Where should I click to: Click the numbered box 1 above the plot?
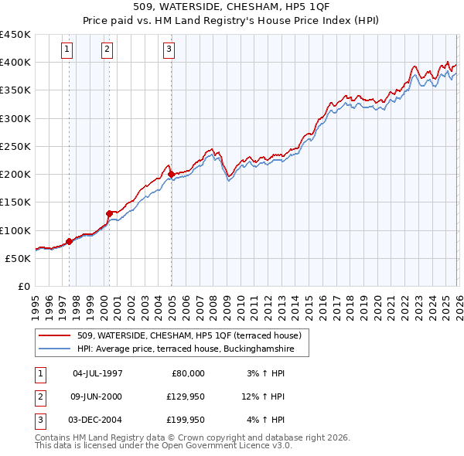tap(68, 50)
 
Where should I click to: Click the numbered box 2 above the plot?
tap(106, 50)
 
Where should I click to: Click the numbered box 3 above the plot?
tap(169, 50)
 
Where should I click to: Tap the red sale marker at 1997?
tap(69, 241)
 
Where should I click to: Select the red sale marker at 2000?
tap(109, 213)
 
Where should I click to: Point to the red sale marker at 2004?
tap(171, 174)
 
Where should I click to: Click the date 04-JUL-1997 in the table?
tap(97, 373)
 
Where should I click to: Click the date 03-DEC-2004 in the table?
tap(97, 420)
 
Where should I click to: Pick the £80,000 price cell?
tap(186, 373)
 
